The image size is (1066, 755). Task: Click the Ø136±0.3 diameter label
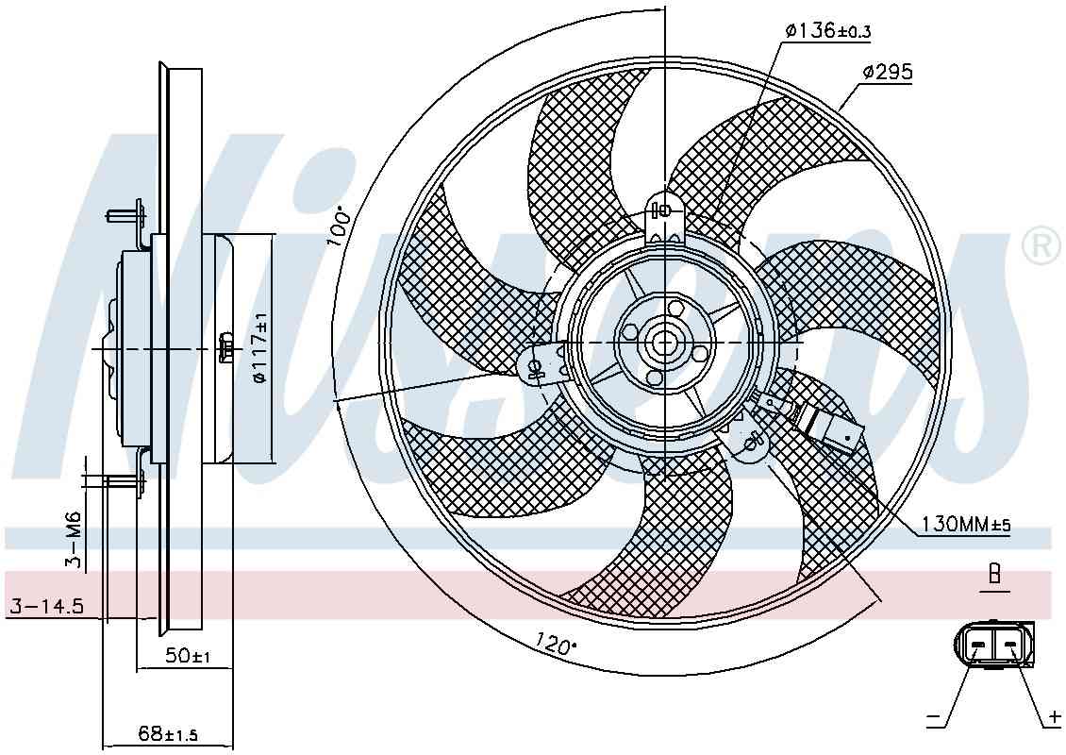coord(826,31)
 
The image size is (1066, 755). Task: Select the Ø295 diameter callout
coord(886,72)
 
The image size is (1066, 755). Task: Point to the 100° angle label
coord(340,227)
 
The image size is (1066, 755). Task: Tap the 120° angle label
coord(556,645)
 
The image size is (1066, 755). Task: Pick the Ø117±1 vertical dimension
coord(259,347)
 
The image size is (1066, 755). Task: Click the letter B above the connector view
coord(993,574)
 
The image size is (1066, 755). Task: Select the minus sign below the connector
coord(934,719)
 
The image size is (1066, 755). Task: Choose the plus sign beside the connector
coord(1053,719)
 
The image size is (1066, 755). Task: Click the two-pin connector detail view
coord(993,645)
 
